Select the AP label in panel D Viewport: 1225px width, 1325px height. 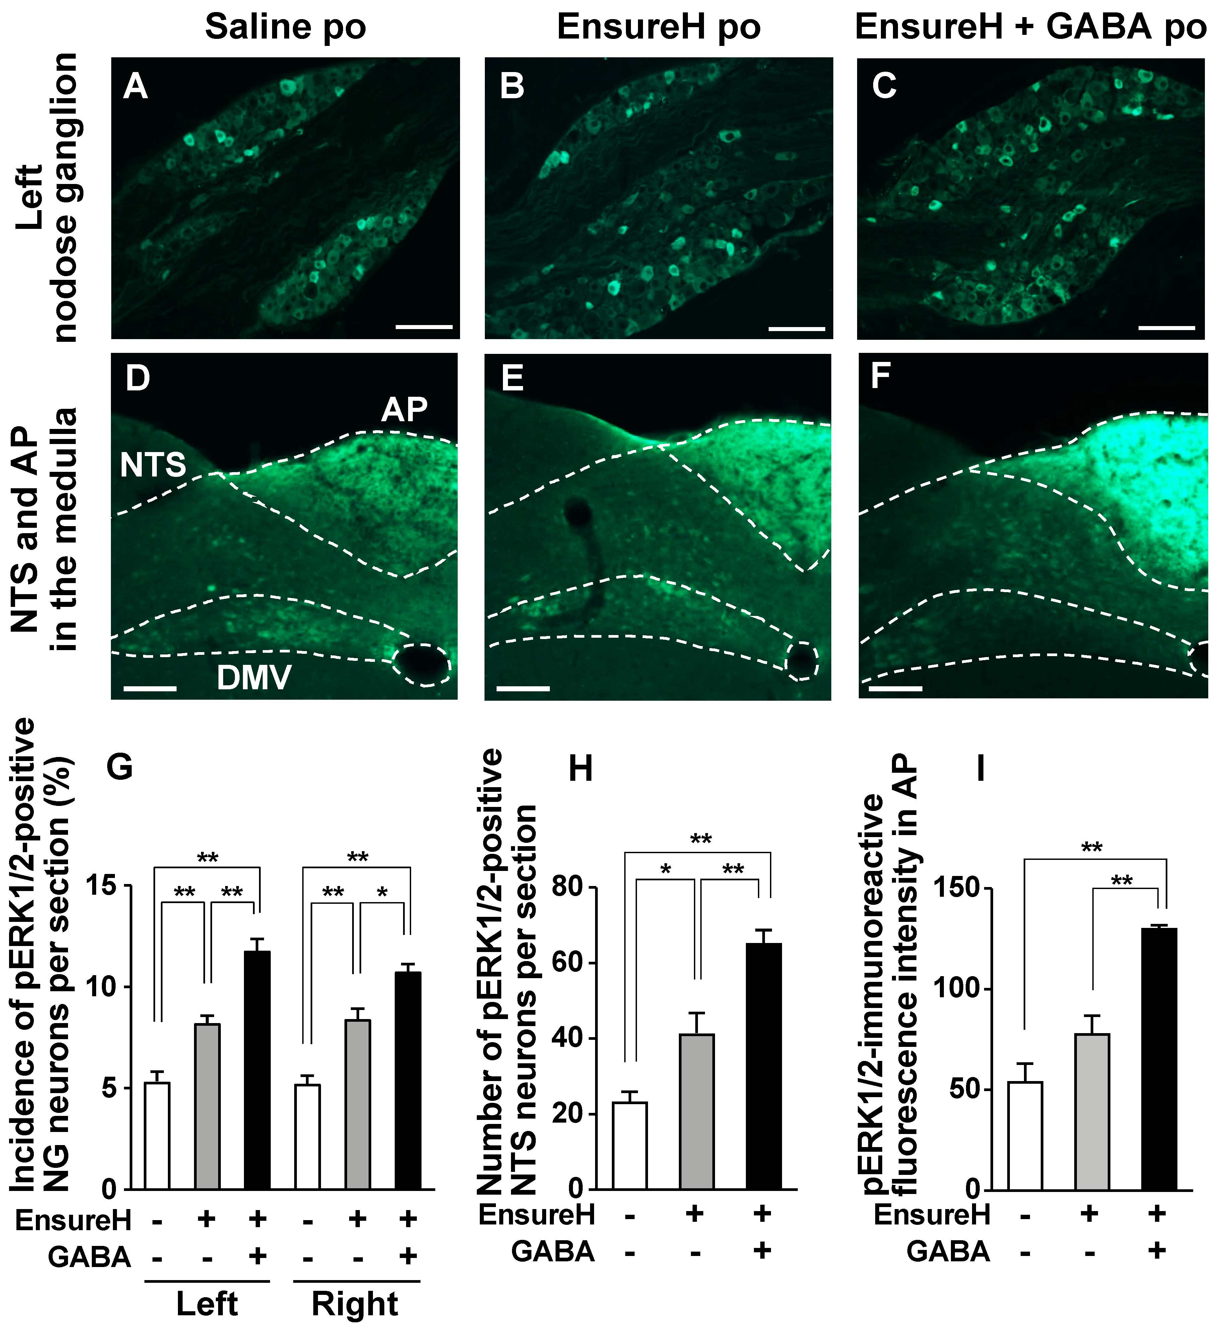(404, 410)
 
